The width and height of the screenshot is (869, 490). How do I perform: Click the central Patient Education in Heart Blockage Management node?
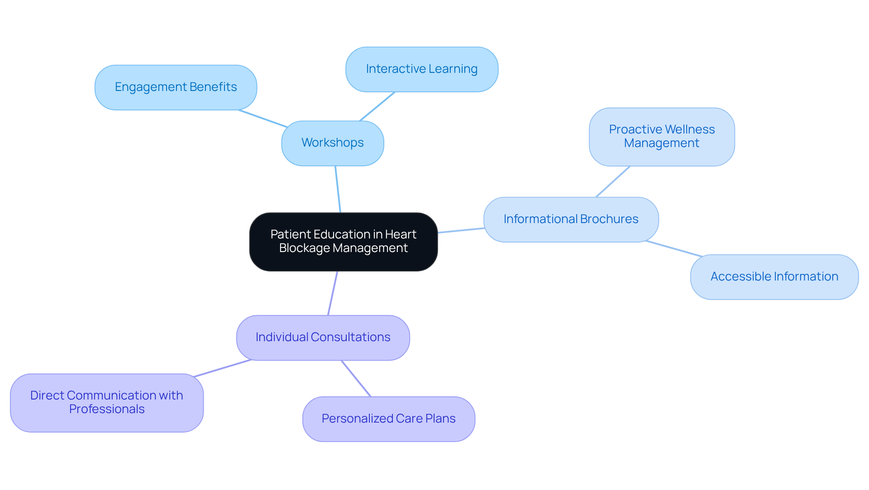pos(343,242)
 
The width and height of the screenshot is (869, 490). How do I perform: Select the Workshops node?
pos(332,143)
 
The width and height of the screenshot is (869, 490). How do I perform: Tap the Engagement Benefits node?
pos(176,87)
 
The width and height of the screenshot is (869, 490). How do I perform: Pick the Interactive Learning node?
pos(421,69)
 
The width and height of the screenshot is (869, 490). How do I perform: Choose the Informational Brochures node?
pos(571,219)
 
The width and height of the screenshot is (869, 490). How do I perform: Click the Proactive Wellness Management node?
pos(661,137)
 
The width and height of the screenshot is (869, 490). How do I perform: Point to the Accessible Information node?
pos(774,277)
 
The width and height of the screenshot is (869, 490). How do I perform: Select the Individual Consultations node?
pos(323,338)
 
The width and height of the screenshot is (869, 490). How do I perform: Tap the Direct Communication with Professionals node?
pos(107,403)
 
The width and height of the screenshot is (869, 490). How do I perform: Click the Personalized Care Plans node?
pos(388,419)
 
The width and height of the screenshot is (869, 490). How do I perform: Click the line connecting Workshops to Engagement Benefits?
pos(263,119)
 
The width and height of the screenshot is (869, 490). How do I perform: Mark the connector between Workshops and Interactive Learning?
pos(377,107)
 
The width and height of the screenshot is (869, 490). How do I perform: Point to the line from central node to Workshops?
pos(338,189)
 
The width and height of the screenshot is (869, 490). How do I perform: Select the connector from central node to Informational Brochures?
pos(461,230)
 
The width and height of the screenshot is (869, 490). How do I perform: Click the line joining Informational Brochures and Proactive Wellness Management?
pos(613,181)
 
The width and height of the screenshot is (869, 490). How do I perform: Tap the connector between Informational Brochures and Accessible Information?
pos(674,248)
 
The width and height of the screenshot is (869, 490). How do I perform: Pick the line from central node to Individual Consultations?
pos(333,293)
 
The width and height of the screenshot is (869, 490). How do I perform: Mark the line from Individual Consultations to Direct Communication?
pos(222,368)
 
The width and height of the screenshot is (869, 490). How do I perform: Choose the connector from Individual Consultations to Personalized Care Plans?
pos(356,379)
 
